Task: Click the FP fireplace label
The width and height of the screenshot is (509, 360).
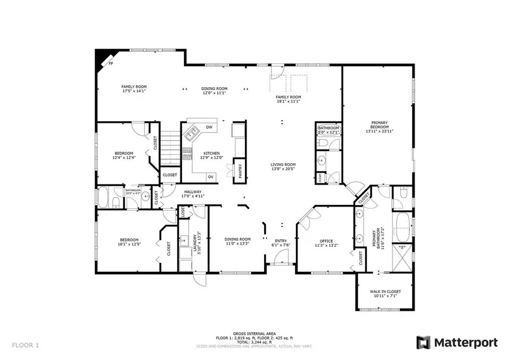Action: pyautogui.click(x=110, y=63)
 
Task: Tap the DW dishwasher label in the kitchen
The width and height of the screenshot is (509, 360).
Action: pyautogui.click(x=209, y=127)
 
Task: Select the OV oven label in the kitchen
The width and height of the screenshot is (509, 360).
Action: pyautogui.click(x=210, y=177)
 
